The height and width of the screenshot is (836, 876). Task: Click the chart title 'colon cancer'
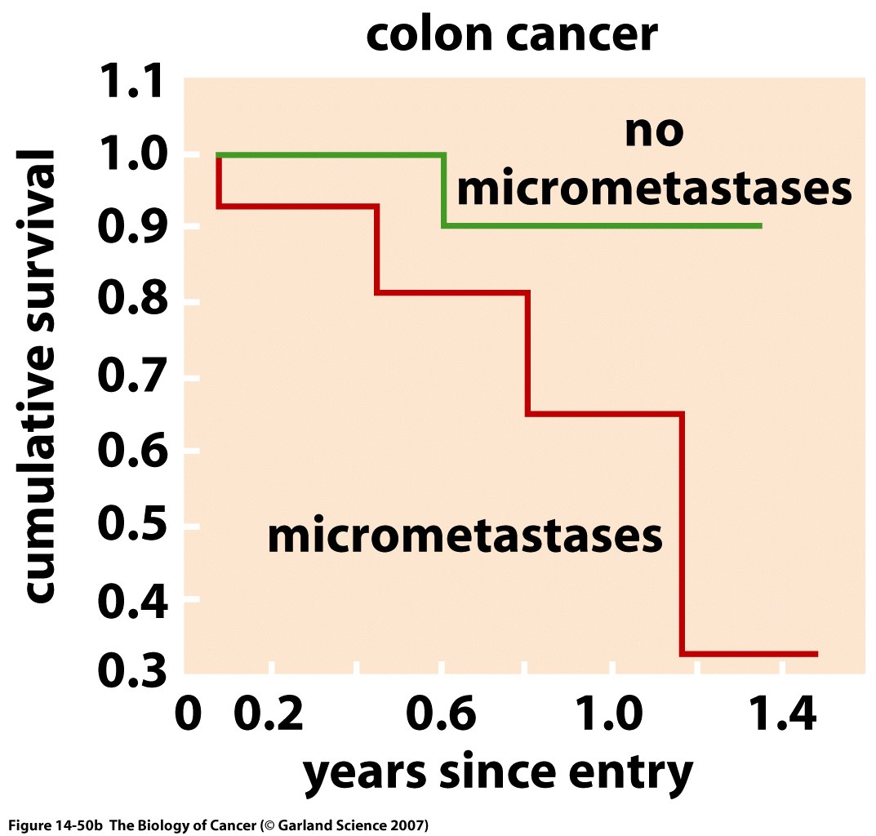[x=510, y=36]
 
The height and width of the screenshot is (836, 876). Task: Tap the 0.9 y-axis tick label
[x=131, y=229]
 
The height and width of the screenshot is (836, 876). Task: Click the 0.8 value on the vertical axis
[x=131, y=302]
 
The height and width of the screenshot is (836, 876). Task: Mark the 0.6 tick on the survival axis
[x=131, y=451]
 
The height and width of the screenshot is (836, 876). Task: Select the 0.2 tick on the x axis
[x=270, y=716]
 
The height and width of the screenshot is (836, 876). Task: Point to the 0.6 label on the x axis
[x=442, y=716]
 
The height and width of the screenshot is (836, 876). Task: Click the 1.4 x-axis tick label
[x=781, y=716]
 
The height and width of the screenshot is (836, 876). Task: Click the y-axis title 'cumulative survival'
[x=39, y=376]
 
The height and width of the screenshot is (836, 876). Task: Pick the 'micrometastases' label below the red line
[x=464, y=536]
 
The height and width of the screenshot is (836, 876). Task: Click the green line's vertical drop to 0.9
[x=443, y=190]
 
